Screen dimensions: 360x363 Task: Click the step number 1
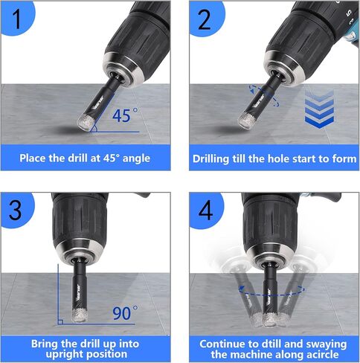point(17,19)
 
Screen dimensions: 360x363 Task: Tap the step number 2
point(205,19)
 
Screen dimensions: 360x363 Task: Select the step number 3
point(15,210)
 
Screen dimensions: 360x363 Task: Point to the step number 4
point(205,210)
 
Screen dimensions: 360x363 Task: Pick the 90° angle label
point(125,312)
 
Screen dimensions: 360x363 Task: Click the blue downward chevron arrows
point(319,109)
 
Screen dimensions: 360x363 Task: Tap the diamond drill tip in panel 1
point(86,122)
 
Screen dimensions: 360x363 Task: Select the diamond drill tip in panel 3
point(80,315)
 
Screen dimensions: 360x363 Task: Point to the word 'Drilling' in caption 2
point(210,158)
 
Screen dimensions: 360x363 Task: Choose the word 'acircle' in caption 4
point(323,355)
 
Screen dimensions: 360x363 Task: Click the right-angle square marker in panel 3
point(60,322)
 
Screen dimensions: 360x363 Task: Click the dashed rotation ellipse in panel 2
point(264,96)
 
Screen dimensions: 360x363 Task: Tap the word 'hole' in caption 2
point(280,158)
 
